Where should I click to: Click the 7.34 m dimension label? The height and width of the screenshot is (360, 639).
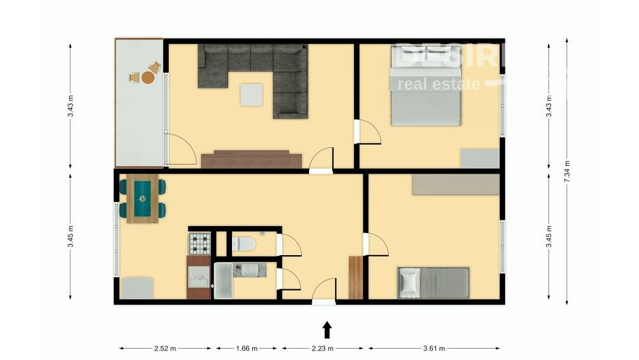coord(567,171)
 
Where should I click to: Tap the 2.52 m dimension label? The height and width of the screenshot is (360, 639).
coord(165,348)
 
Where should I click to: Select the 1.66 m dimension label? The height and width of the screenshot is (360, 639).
coord(246,348)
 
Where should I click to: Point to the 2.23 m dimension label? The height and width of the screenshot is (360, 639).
coord(322,348)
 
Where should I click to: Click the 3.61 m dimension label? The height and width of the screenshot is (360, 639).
coord(434,348)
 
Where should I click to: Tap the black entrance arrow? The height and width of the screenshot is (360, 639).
coord(327,330)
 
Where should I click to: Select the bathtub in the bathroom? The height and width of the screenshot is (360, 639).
coord(223,280)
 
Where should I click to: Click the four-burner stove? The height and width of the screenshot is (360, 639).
coord(200,243)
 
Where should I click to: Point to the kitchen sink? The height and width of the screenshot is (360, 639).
coord(199,273)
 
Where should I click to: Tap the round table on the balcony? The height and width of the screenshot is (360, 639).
coord(147,77)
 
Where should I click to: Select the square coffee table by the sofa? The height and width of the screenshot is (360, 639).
coord(252,95)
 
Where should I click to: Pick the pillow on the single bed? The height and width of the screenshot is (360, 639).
coord(409,282)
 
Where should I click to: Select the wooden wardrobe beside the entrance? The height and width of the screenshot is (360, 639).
coord(356,277)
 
